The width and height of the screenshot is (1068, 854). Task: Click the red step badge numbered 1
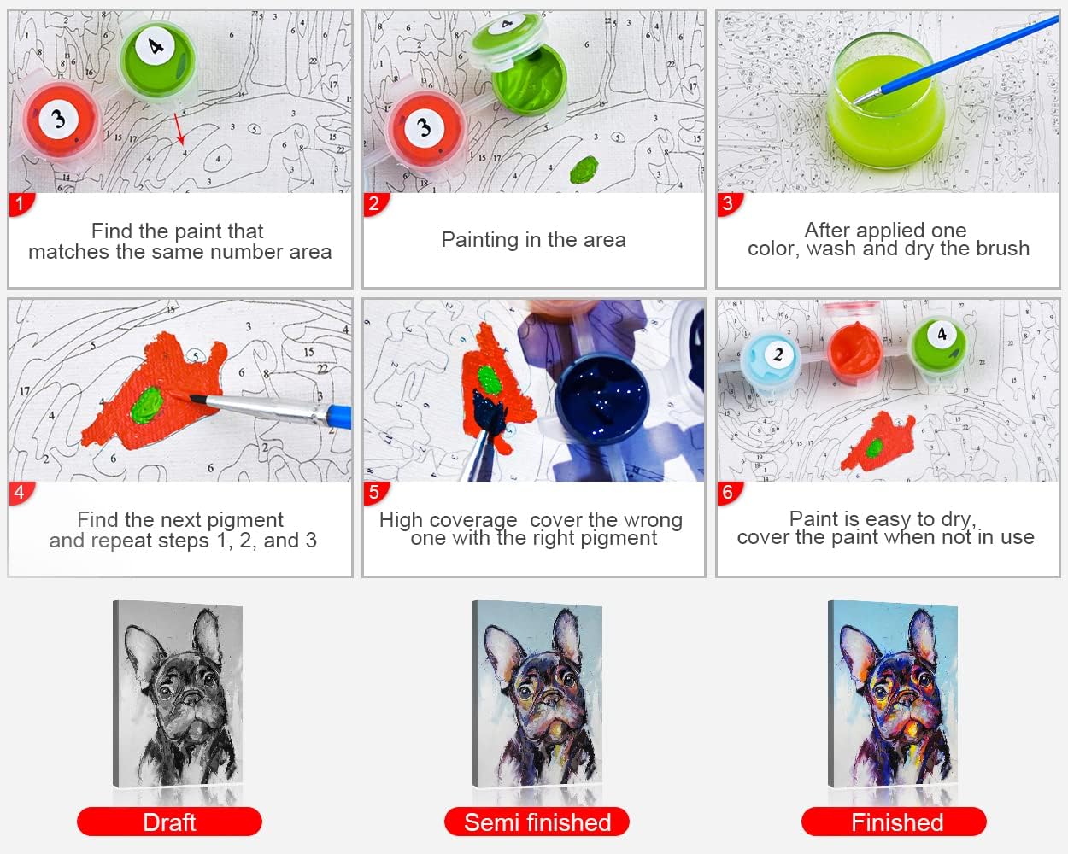coord(19,204)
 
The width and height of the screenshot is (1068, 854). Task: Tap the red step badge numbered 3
coord(727,204)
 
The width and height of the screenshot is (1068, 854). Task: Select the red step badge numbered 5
coord(373,492)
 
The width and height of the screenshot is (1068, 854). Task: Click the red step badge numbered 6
coord(727,492)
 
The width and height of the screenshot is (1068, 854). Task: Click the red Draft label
coord(169,822)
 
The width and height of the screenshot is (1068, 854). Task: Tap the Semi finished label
coord(537,822)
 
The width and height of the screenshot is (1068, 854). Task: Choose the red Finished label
coord(895,822)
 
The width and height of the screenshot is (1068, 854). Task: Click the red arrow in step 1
coord(179,128)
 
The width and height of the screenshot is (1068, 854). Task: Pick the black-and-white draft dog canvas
coord(179,694)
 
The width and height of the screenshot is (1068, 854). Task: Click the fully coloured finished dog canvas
coord(894,694)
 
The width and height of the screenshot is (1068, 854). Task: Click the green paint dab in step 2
coord(584,169)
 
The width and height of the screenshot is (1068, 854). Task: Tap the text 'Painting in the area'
coord(533,240)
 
